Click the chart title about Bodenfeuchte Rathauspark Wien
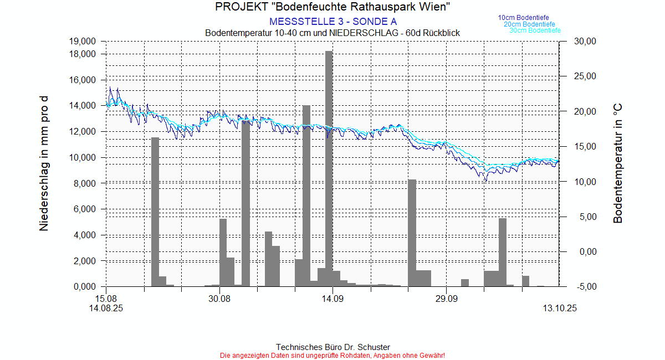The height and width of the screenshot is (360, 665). point(332,7)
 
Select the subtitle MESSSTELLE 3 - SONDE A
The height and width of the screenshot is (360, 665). point(332,22)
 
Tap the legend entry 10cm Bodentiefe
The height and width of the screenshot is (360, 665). point(523,18)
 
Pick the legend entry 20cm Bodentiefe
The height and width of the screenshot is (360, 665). point(529,24)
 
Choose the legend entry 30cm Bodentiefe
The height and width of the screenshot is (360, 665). point(535,30)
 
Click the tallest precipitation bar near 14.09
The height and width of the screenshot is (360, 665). point(329,166)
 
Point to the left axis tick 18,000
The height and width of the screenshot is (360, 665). point(81,54)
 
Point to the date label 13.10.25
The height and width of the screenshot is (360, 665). point(560,309)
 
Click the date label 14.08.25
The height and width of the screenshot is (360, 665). point(106,309)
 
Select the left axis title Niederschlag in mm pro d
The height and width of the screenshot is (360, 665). point(44,163)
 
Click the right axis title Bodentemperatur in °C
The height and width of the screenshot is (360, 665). point(618,163)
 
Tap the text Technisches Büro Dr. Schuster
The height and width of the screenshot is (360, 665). point(332,347)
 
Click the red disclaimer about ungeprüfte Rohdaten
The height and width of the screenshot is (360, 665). point(332,355)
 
